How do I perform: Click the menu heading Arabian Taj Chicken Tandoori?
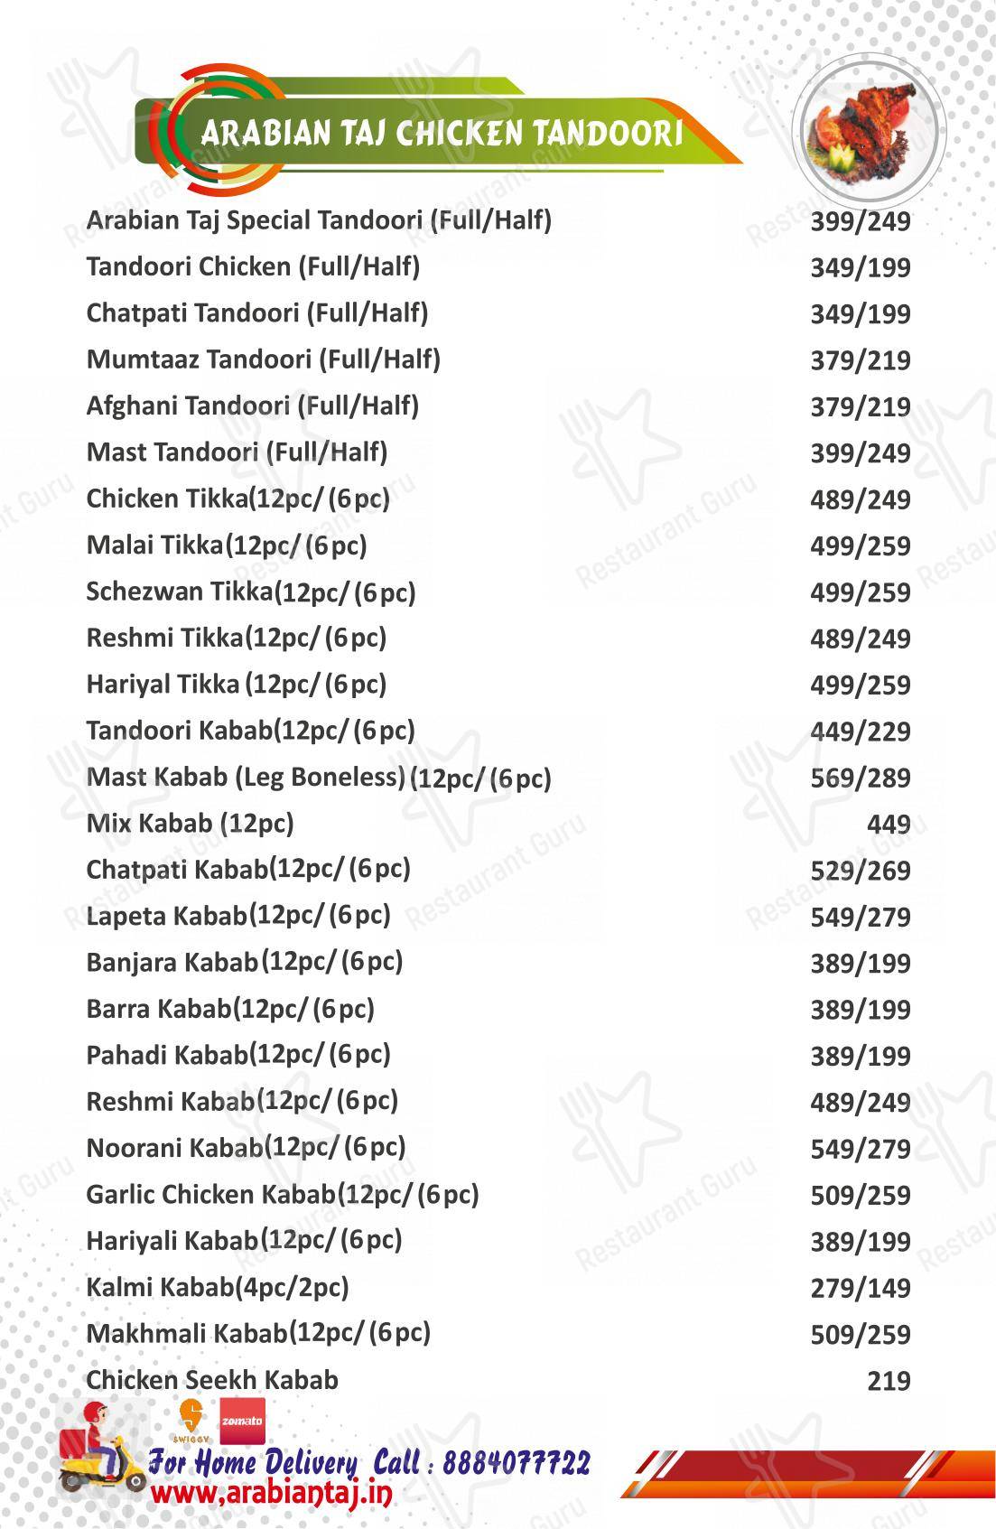[441, 134]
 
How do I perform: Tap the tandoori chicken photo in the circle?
[868, 131]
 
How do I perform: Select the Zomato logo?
[242, 1421]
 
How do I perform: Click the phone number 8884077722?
[516, 1463]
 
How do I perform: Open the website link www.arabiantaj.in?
[271, 1494]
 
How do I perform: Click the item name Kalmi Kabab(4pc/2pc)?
[218, 1287]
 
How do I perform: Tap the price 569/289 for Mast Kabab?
[860, 778]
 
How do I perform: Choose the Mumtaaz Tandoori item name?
[263, 359]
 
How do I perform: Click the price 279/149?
[860, 1288]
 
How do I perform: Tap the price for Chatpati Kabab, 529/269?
[860, 872]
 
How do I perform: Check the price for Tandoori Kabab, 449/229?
[860, 732]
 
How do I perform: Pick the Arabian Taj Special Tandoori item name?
[318, 220]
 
